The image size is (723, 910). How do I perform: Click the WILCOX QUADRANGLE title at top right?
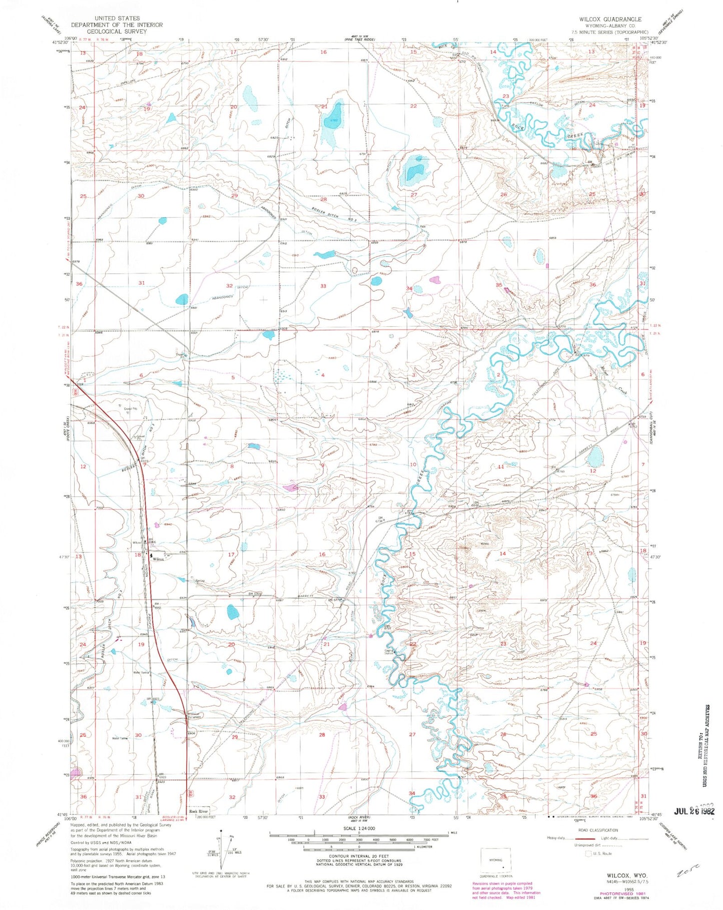tap(610, 19)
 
